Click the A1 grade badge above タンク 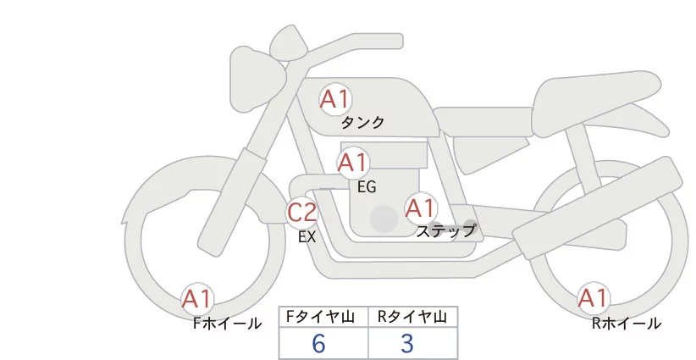coord(335,99)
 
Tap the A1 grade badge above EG coord(353,163)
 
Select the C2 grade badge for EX coord(301,212)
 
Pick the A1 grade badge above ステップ coord(421,208)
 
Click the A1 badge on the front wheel coord(197,299)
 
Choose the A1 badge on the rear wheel coord(594,298)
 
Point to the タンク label coord(362,123)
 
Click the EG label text coord(367,187)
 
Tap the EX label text coord(307,237)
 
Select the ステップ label coord(445,231)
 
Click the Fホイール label coord(227,324)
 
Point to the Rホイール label coord(627,324)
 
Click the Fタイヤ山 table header coord(320,317)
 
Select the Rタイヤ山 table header coord(412,317)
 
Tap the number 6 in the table coord(318,343)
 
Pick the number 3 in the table coord(407,343)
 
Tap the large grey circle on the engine coord(384,219)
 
